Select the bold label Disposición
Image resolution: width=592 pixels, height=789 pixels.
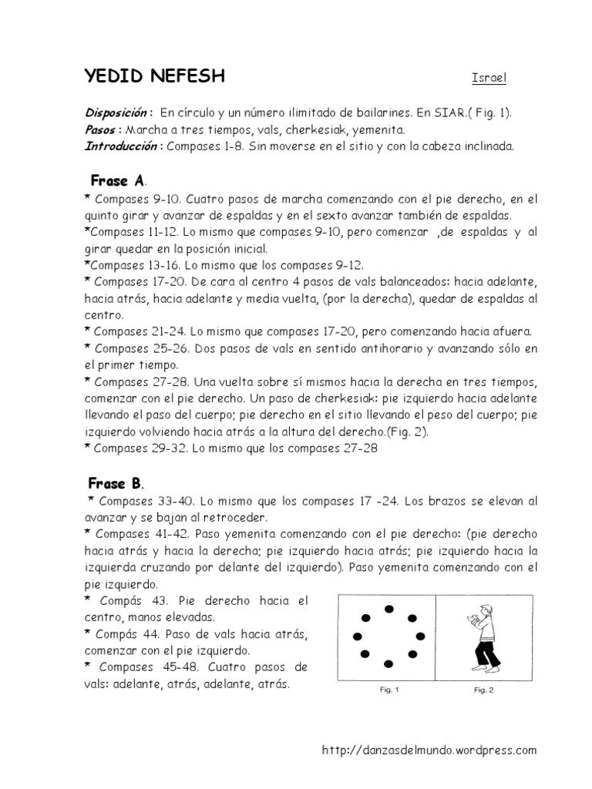tap(118, 112)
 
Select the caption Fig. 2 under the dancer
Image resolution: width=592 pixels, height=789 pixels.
tap(484, 690)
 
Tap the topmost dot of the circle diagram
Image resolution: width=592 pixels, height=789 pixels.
tap(389, 609)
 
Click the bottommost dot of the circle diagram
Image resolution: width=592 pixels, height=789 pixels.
tap(389, 663)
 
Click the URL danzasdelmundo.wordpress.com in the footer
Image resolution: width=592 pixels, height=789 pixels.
tap(429, 750)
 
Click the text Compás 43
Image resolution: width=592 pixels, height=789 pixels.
tap(123, 600)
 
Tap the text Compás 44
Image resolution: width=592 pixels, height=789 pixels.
tap(123, 634)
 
